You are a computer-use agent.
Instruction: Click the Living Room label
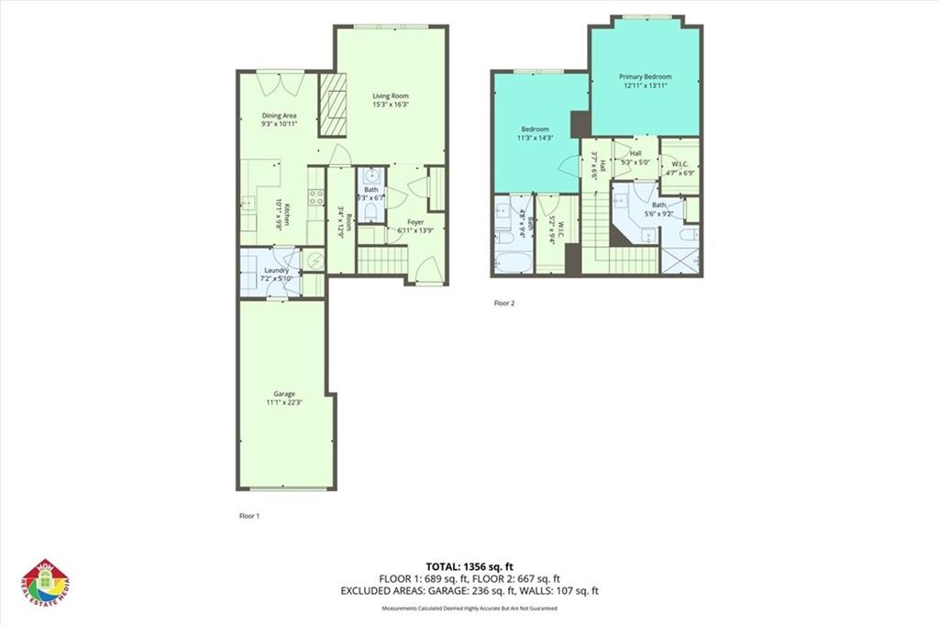pos(390,95)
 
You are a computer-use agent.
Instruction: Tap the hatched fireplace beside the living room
pos(332,105)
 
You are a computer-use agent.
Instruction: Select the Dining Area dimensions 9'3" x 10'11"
pos(280,124)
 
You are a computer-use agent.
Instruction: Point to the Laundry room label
pos(276,271)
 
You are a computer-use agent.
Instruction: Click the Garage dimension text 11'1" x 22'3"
pos(283,402)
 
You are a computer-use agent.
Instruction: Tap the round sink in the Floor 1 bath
pos(371,177)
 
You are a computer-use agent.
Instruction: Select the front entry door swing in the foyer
pos(423,269)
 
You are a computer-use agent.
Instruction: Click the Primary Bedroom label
pos(645,76)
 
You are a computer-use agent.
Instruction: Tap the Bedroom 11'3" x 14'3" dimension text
pos(536,138)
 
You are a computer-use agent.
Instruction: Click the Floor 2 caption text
pos(504,303)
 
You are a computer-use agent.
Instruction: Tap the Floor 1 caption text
pos(249,516)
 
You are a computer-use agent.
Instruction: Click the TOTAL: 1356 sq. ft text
pos(469,565)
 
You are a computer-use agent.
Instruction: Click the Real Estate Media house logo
pos(46,583)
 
